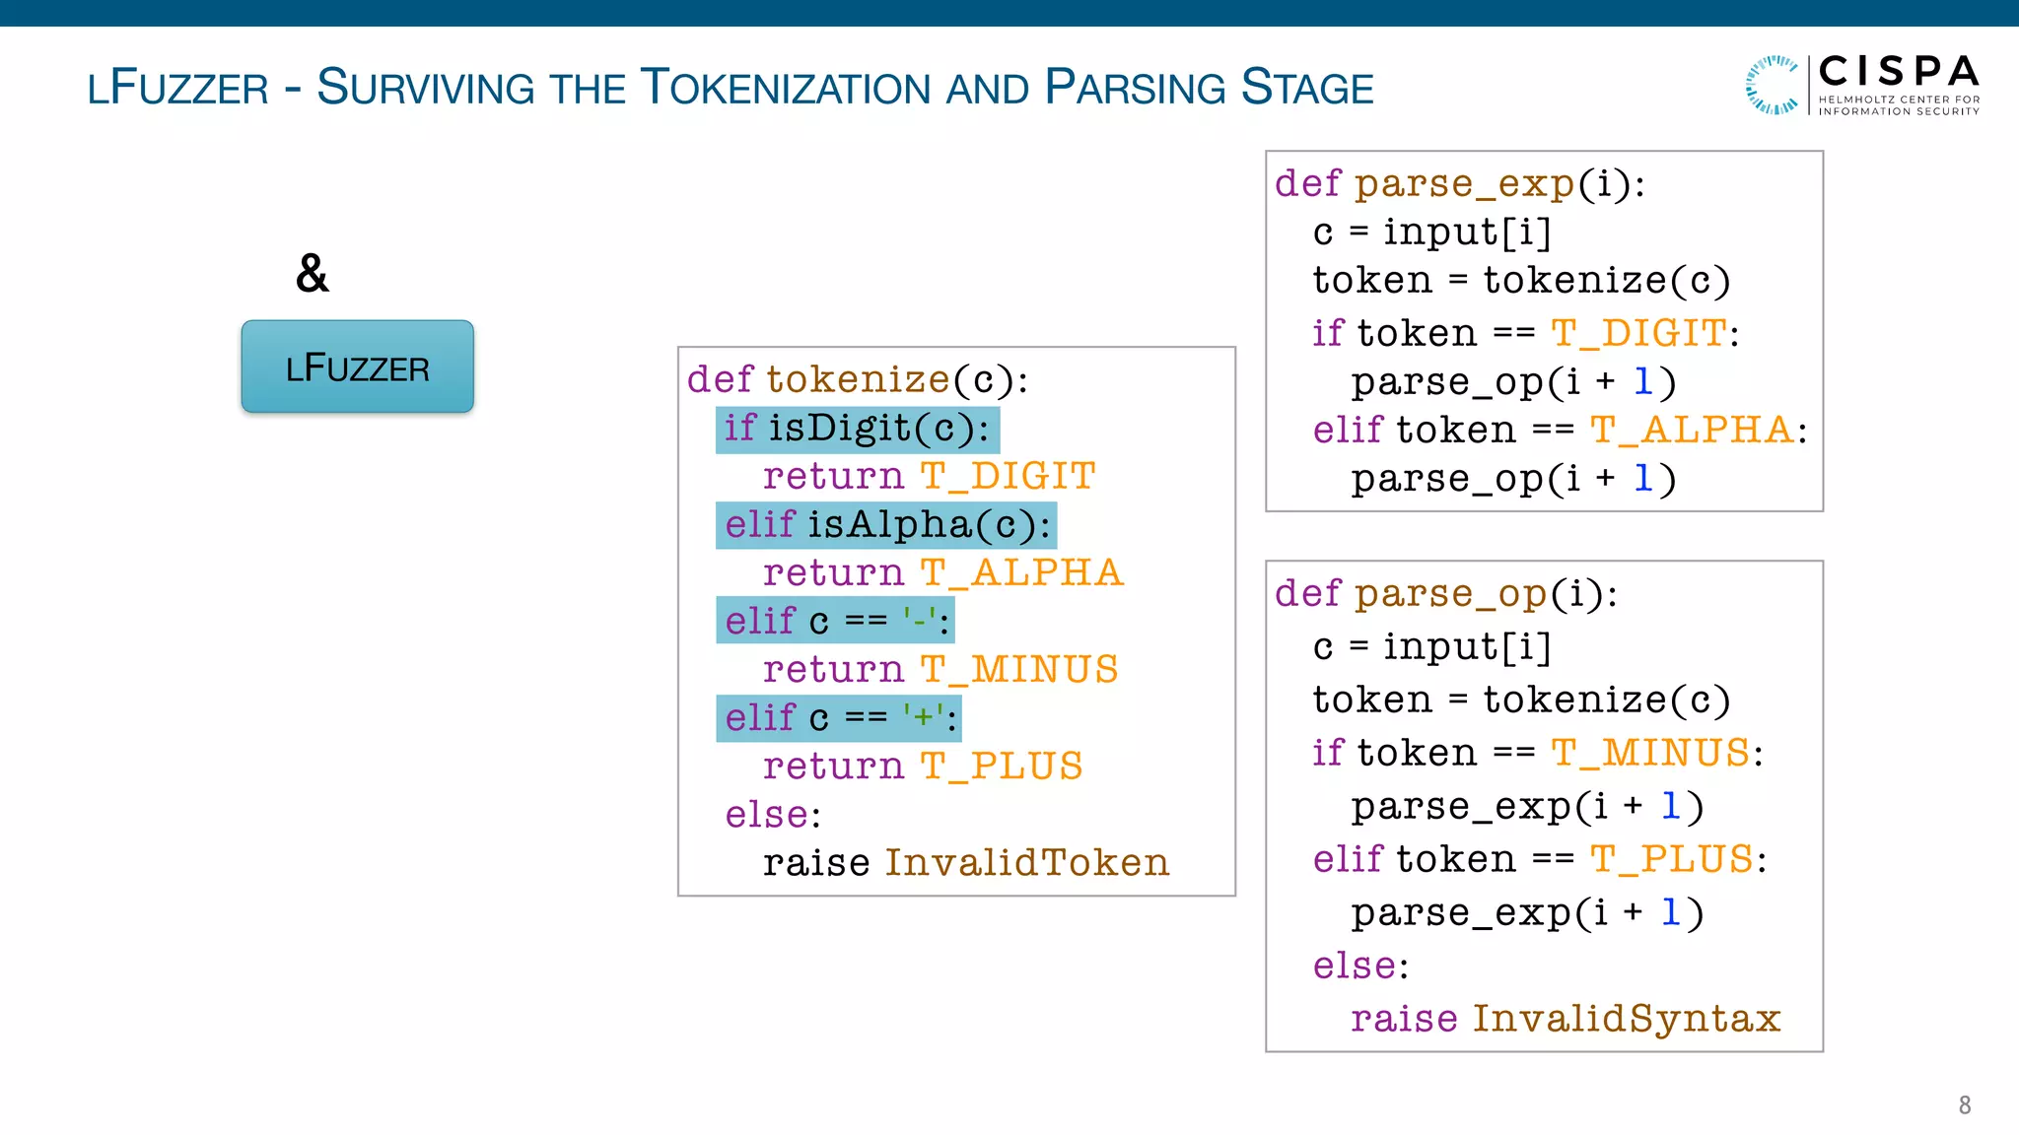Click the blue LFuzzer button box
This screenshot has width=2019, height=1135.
click(357, 367)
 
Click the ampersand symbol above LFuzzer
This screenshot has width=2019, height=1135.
click(312, 274)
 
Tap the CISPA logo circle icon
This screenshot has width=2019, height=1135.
click(1771, 85)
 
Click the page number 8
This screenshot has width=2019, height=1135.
click(1964, 1105)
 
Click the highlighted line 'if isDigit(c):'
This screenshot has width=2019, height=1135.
click(857, 430)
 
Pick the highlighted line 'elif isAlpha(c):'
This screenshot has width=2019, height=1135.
click(885, 525)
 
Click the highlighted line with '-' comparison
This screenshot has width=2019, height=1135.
click(835, 622)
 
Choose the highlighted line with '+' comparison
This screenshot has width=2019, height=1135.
click(838, 718)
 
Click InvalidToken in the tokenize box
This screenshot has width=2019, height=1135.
click(1026, 863)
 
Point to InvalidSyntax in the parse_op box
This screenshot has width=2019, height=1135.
click(1626, 1019)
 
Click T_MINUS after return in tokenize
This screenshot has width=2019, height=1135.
click(1019, 670)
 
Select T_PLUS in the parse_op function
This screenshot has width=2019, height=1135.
click(1672, 860)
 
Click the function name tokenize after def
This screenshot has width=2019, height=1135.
click(858, 380)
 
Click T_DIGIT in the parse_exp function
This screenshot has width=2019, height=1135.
click(1638, 334)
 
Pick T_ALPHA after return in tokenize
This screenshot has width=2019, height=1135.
click(1021, 573)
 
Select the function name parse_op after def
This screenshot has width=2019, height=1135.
click(1450, 594)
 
